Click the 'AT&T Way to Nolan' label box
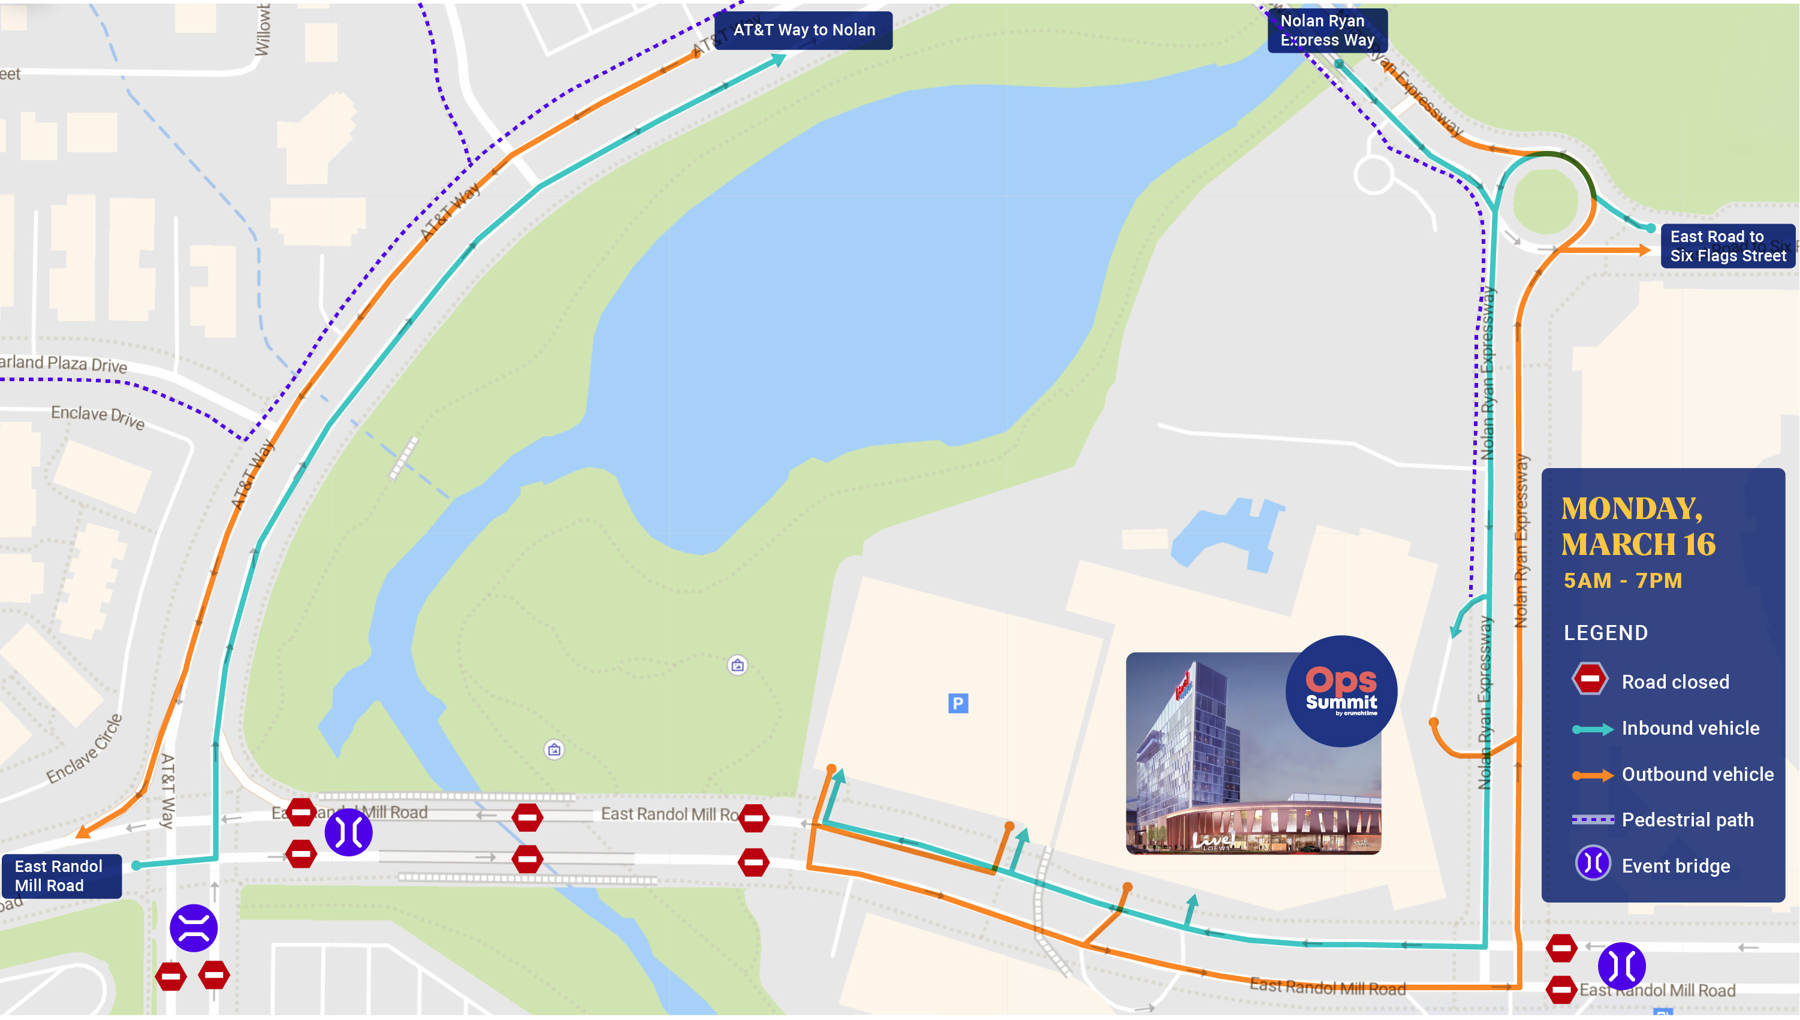(x=803, y=30)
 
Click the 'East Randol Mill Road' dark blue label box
(x=61, y=876)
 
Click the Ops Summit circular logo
(x=1340, y=691)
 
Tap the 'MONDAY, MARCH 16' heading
(x=1638, y=526)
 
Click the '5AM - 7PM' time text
(x=1622, y=580)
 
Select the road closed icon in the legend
(x=1589, y=679)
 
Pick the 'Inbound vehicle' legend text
(x=1689, y=728)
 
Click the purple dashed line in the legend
(x=1592, y=820)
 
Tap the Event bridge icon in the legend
(x=1592, y=864)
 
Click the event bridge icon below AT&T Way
(x=194, y=928)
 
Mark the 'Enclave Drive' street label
(x=98, y=417)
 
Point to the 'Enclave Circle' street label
(x=85, y=750)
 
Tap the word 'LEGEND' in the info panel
(x=1605, y=633)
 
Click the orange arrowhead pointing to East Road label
(x=1643, y=250)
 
